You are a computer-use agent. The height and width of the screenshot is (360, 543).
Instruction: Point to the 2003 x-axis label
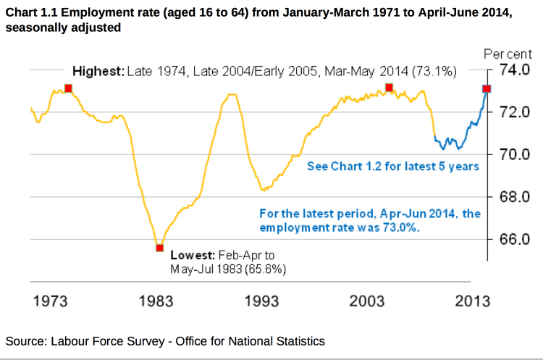[x=367, y=301]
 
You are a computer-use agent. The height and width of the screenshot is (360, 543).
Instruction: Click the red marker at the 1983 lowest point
[x=159, y=248]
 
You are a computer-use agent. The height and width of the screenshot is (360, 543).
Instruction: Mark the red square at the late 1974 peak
[x=68, y=88]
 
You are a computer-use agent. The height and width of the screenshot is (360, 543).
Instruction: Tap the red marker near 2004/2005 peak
[x=389, y=88]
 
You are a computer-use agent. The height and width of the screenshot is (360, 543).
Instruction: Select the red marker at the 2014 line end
[x=487, y=88]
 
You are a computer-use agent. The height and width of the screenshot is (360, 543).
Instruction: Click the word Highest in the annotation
[x=97, y=71]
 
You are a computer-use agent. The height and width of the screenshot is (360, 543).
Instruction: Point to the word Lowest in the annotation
[x=193, y=256]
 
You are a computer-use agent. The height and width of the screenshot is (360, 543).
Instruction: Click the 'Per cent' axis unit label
[x=508, y=54]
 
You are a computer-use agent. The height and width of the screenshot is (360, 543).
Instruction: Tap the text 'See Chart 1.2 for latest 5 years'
[x=392, y=166]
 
